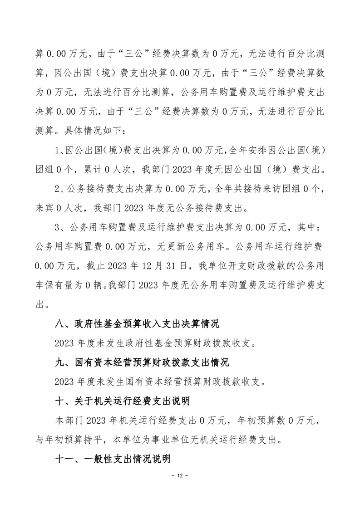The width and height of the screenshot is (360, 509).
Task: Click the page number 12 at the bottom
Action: (180, 475)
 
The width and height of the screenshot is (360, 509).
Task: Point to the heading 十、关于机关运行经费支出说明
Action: (122, 401)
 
